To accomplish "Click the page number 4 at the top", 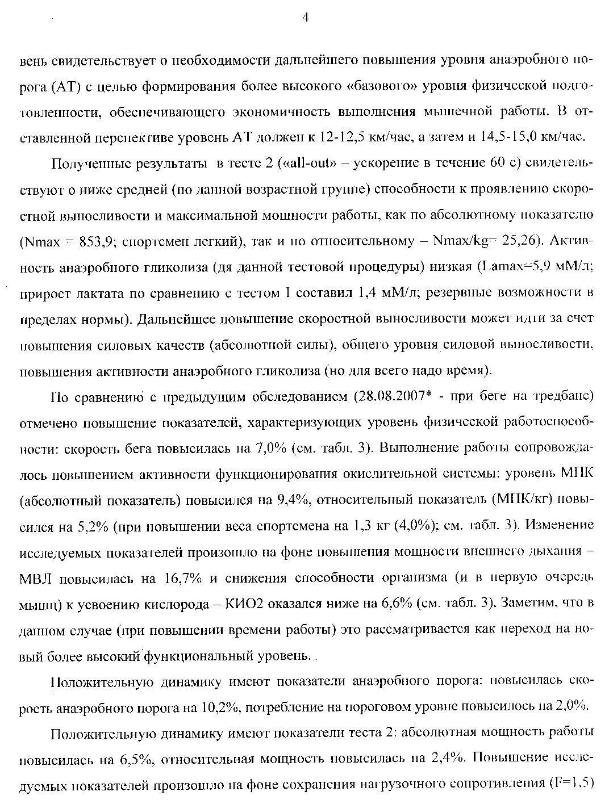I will coord(305,18).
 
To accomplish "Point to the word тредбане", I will coord(562,396).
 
